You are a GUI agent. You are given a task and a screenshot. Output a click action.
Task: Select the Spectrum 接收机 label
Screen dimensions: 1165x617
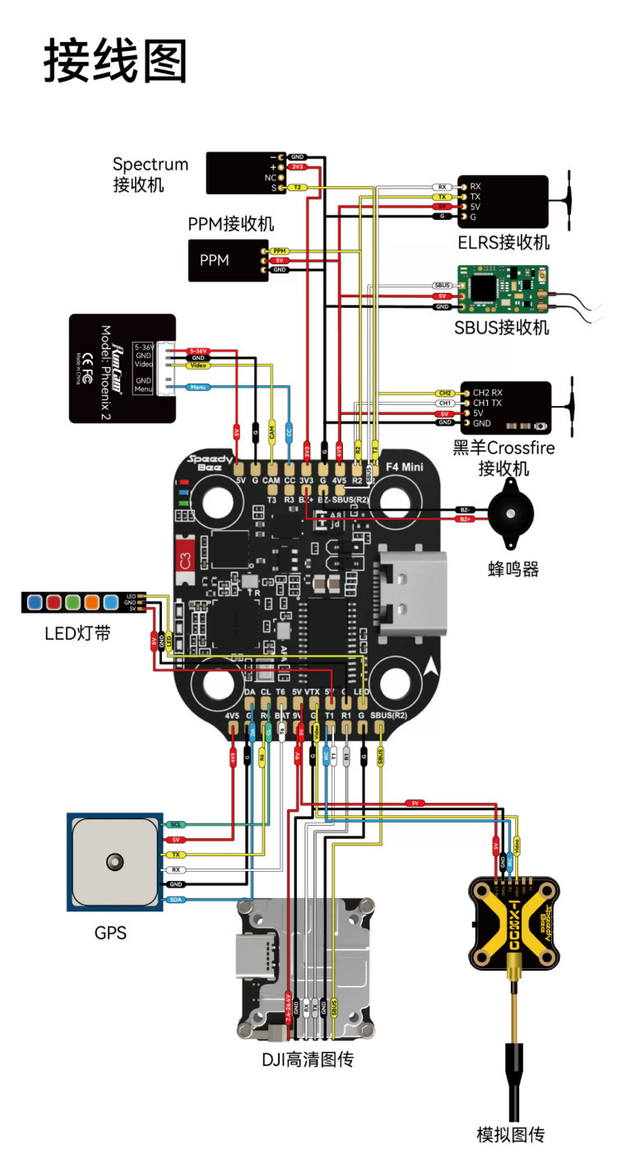pyautogui.click(x=151, y=174)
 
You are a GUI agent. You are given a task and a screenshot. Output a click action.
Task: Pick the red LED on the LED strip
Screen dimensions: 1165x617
pyautogui.click(x=55, y=603)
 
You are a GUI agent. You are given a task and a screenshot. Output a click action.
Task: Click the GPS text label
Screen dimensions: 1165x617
pyautogui.click(x=110, y=933)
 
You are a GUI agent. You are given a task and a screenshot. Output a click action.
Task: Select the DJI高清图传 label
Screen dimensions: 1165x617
pyautogui.click(x=308, y=1060)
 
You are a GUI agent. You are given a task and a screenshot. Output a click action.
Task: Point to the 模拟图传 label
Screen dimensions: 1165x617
pyautogui.click(x=511, y=1135)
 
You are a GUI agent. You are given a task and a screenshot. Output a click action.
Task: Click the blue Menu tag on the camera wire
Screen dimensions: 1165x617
pyautogui.click(x=198, y=386)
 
